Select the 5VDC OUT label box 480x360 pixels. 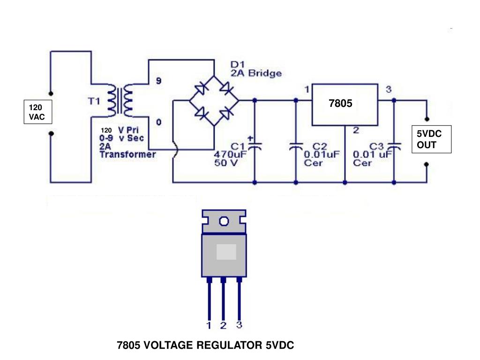431,140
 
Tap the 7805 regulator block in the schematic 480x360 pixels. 345,105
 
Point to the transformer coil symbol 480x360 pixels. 120,101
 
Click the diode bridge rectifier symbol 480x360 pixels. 214,101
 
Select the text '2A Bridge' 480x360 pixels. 256,74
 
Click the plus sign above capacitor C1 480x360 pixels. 250,138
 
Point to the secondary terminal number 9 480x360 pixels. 158,81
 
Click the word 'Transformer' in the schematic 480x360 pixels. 127,155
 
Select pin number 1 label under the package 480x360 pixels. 209,325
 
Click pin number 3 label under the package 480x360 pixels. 239,324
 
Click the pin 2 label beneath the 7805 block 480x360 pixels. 356,131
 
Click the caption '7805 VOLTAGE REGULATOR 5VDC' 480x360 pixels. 205,346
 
